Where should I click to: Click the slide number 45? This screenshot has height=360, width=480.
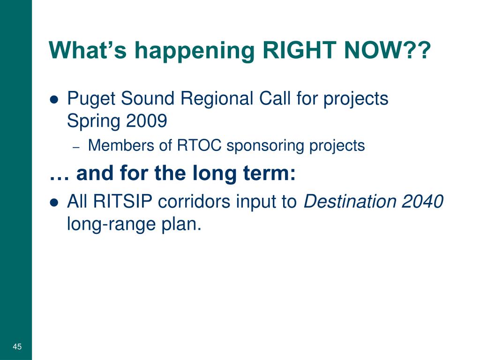click(17, 346)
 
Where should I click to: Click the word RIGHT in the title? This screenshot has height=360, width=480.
click(299, 50)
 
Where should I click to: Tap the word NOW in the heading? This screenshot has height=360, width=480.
click(373, 50)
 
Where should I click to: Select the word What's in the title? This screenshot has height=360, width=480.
click(88, 50)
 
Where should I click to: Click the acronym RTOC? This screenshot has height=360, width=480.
click(199, 145)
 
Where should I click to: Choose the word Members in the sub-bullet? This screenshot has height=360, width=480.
click(121, 145)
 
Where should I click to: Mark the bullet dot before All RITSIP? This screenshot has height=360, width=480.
click(54, 202)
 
